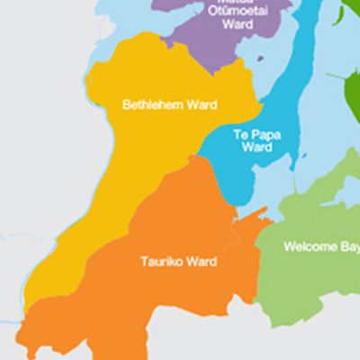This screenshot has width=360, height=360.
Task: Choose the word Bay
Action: pyautogui.click(x=349, y=246)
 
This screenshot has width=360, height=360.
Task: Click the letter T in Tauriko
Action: pyautogui.click(x=144, y=262)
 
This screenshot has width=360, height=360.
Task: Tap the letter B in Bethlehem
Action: pyautogui.click(x=126, y=104)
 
